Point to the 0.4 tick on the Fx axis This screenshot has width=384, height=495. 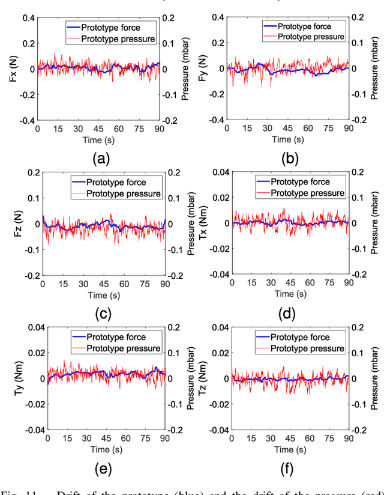point(28,17)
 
